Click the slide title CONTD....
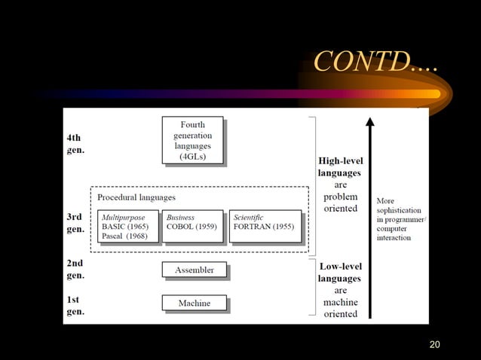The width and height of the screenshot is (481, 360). coord(374,62)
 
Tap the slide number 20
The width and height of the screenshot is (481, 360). coord(434,344)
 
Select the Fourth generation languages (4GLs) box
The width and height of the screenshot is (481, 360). coord(192,140)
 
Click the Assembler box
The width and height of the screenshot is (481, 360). coord(194,270)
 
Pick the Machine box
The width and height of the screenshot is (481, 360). coord(194,303)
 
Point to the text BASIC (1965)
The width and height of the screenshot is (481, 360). coord(125,226)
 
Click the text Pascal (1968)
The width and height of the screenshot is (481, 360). coord(124,236)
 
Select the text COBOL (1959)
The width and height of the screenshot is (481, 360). coord(191,226)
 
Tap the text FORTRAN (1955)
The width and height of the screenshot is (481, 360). coord(263,226)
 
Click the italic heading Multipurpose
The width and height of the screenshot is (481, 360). coord(123,217)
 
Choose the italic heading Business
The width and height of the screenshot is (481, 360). coord(180,217)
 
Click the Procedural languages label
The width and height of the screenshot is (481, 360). coord(136,197)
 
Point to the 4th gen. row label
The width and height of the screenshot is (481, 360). coord(75,144)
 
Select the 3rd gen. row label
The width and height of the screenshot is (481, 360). coord(75,223)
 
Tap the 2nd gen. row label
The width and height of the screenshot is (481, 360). coord(75,270)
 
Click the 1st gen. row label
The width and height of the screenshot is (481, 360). coord(75,305)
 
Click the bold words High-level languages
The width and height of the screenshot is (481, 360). coord(339,166)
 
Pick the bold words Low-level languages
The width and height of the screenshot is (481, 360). coord(340,273)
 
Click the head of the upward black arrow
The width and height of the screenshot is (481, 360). coord(369,123)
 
